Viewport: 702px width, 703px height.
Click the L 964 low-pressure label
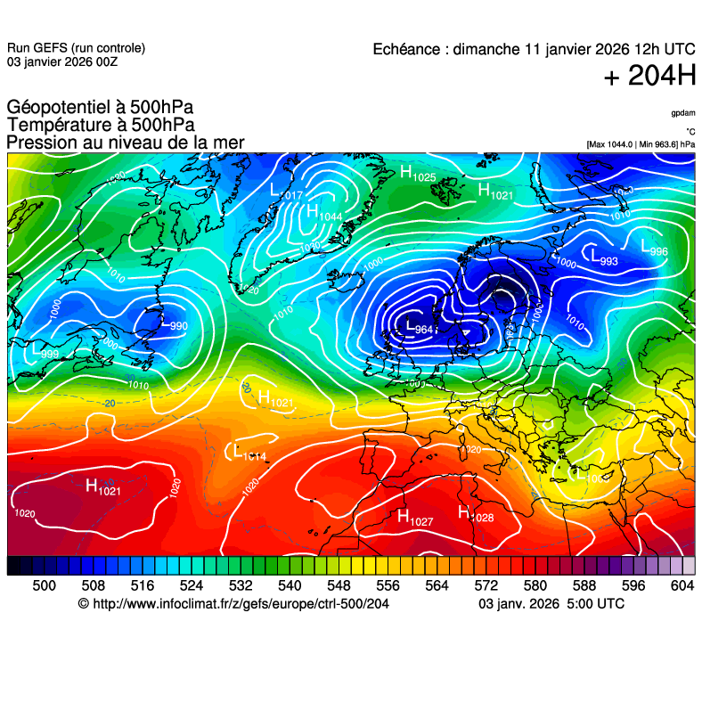coord(419,327)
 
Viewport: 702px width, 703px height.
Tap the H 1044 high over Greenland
coord(323,214)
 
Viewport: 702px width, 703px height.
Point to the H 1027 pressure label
coord(414,517)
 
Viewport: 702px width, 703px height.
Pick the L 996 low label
coord(653,249)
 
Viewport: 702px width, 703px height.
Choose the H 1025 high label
coord(417,175)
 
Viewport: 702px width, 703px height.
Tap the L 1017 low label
coord(286,192)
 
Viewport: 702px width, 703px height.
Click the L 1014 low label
coord(248,454)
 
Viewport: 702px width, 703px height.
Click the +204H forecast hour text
coord(649,77)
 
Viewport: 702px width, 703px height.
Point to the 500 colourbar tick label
coord(44,584)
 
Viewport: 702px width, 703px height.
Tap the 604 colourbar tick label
coord(682,584)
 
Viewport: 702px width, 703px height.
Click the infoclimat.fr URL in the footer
coord(240,604)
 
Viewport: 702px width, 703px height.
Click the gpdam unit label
coord(683,114)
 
